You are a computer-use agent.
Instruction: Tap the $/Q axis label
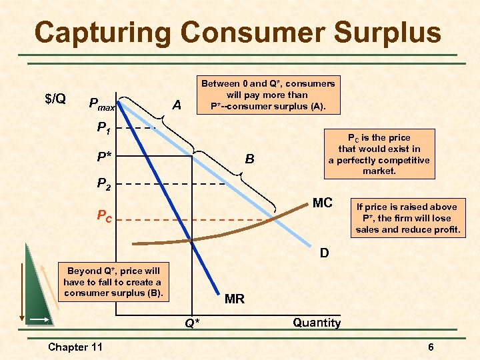pyautogui.click(x=55, y=99)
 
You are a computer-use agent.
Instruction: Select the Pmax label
pyautogui.click(x=102, y=105)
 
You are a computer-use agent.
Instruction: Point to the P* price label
pyautogui.click(x=105, y=157)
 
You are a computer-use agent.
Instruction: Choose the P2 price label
pyautogui.click(x=104, y=184)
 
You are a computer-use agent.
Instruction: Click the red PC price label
pyautogui.click(x=104, y=217)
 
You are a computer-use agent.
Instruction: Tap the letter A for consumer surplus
pyautogui.click(x=176, y=105)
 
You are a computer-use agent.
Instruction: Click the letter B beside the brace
pyautogui.click(x=249, y=159)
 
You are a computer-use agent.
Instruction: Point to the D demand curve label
pyautogui.click(x=323, y=253)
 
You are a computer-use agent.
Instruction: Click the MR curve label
pyautogui.click(x=234, y=299)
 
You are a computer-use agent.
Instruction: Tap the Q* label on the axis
pyautogui.click(x=191, y=324)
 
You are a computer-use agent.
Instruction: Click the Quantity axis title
pyautogui.click(x=317, y=323)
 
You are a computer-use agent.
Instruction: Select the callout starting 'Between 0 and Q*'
pyautogui.click(x=268, y=95)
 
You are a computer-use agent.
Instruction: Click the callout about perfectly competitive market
pyautogui.click(x=379, y=154)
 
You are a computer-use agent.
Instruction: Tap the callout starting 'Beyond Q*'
pyautogui.click(x=113, y=282)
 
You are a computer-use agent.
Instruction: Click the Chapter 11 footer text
pyautogui.click(x=75, y=347)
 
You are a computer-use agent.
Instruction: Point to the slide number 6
pyautogui.click(x=431, y=347)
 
